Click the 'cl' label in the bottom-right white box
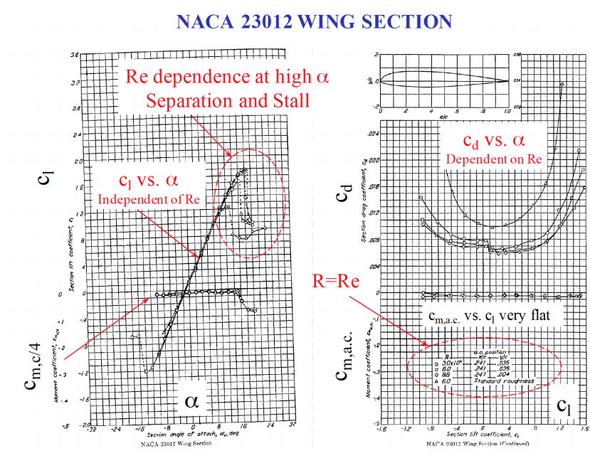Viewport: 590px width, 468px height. click(564, 406)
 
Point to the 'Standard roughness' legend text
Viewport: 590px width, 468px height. click(502, 382)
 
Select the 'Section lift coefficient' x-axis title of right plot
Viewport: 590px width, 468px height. click(481, 436)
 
